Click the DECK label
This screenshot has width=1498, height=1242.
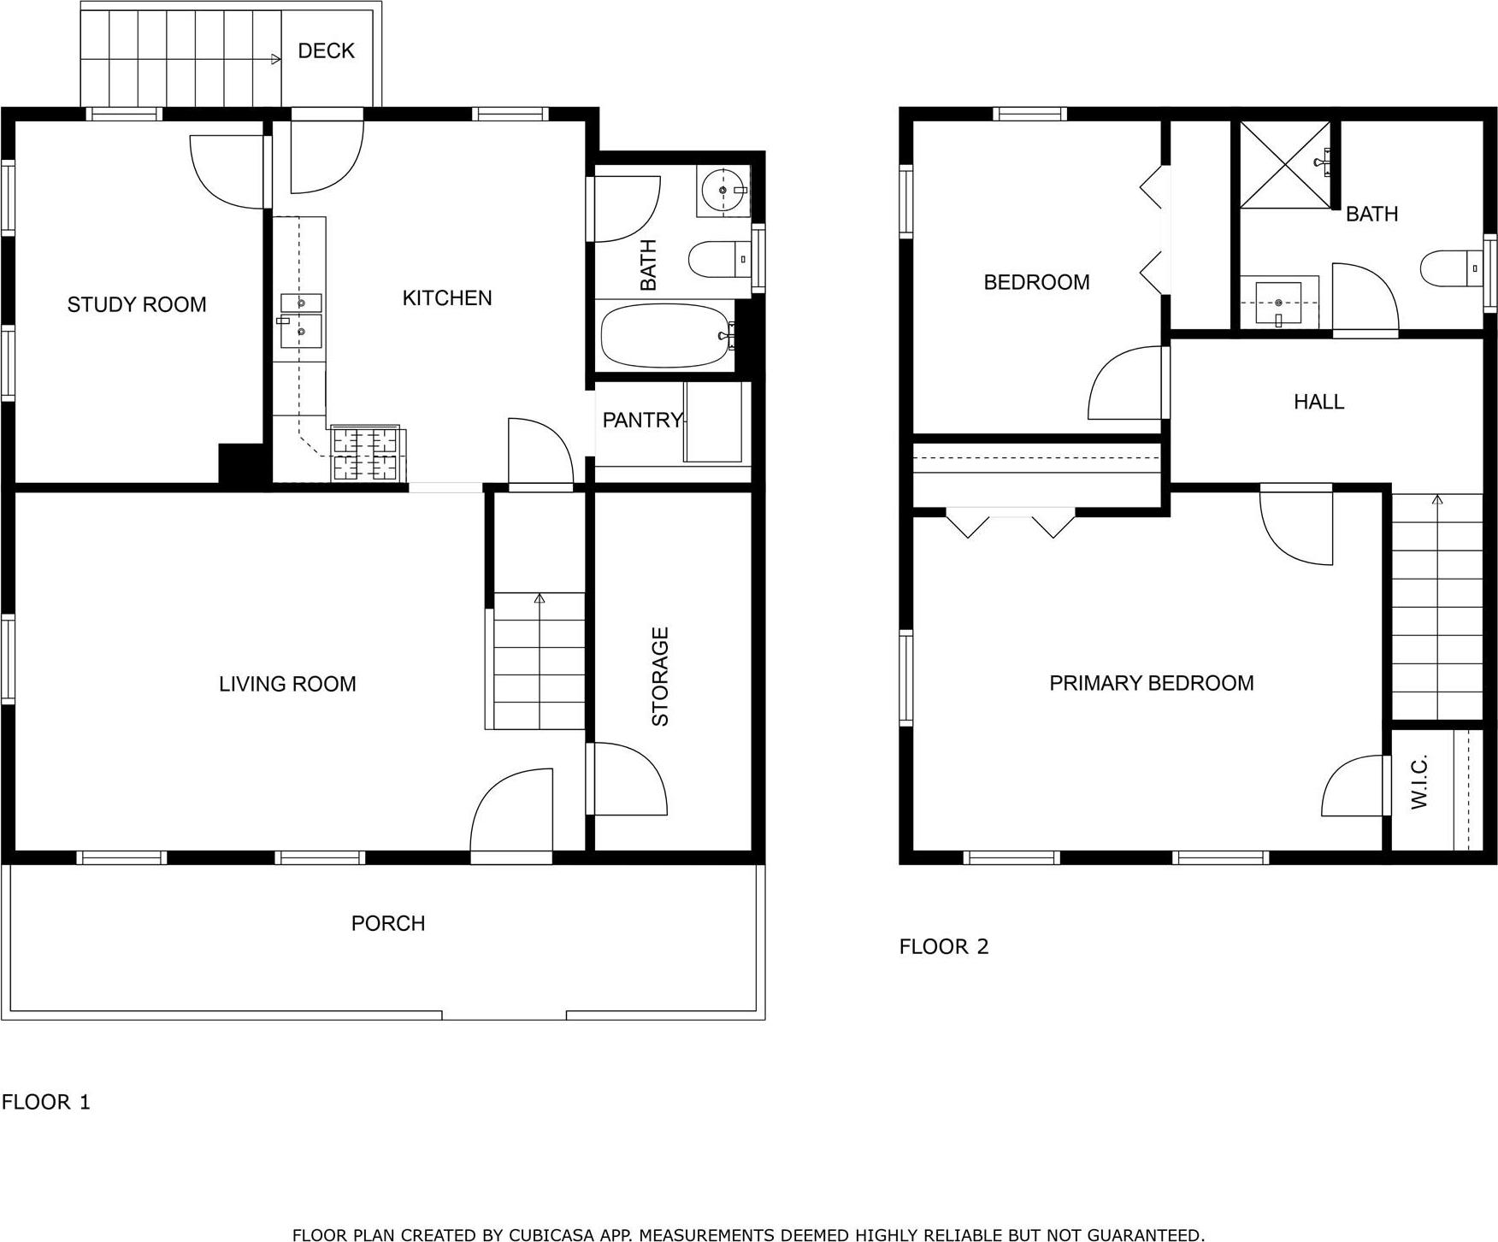(x=326, y=51)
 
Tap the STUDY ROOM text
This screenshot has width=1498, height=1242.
(x=137, y=304)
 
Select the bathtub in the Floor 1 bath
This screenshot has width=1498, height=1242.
(x=665, y=336)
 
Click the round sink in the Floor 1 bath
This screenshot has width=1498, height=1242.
(x=722, y=190)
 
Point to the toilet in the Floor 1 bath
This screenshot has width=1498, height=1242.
(x=717, y=259)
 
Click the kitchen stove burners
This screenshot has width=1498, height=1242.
(x=367, y=453)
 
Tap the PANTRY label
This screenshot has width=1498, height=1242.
(x=642, y=420)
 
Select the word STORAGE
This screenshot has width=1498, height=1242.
(x=660, y=676)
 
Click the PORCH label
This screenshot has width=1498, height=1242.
(x=387, y=923)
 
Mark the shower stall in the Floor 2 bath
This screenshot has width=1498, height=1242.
(x=1285, y=164)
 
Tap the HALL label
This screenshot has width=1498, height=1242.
(x=1318, y=401)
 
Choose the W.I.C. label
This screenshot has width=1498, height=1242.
(x=1419, y=781)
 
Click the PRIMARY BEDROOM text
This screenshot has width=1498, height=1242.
(x=1151, y=683)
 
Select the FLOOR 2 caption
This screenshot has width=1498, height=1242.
(x=943, y=946)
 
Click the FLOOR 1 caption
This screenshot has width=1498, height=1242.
(x=45, y=1102)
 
